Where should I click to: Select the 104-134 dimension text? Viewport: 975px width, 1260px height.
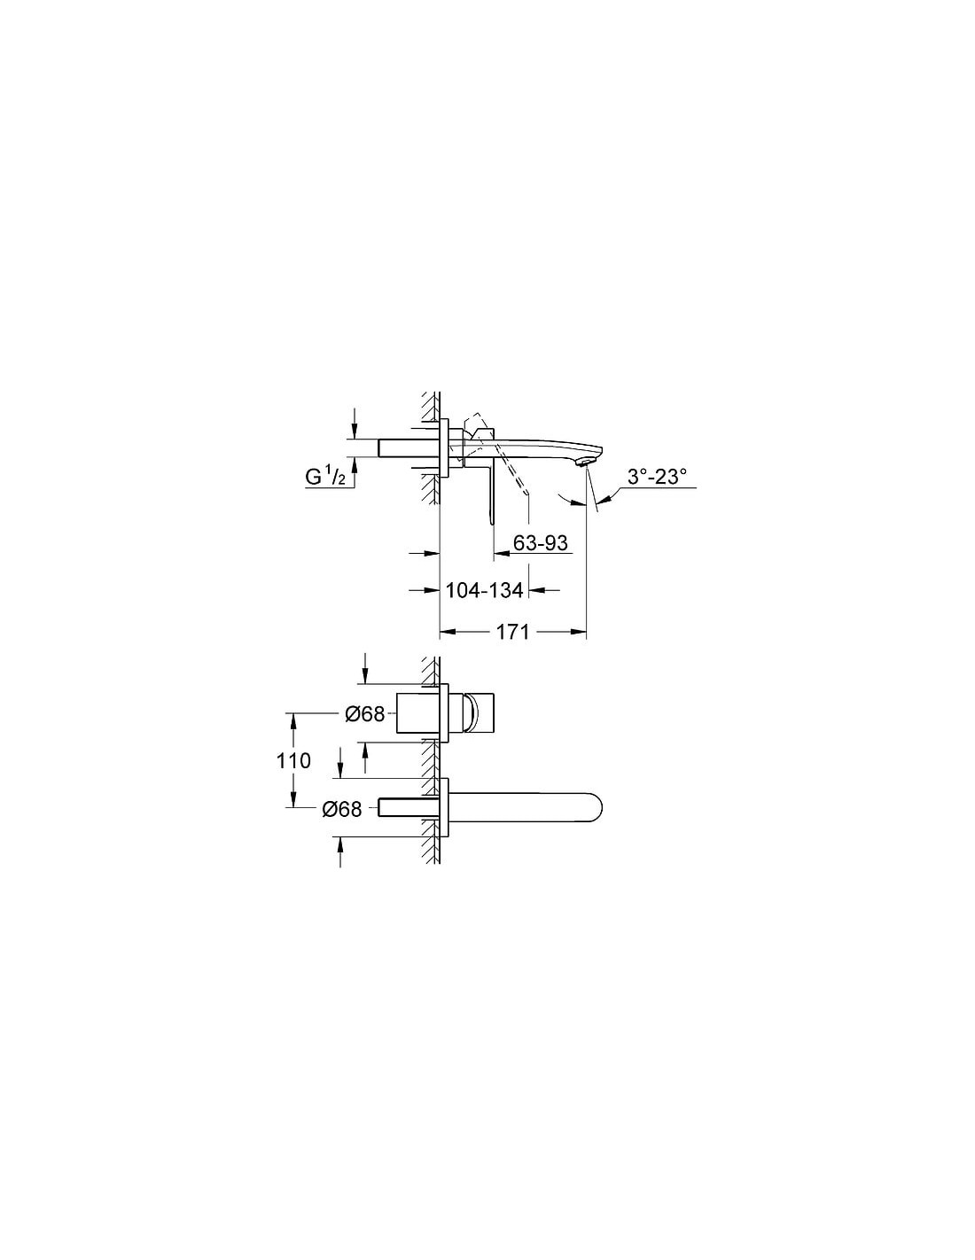[x=484, y=590]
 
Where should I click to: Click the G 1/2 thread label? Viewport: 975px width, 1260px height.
[x=326, y=478]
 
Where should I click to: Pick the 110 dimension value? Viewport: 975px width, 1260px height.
[x=293, y=760]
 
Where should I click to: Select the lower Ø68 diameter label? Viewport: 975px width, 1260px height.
[x=341, y=809]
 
